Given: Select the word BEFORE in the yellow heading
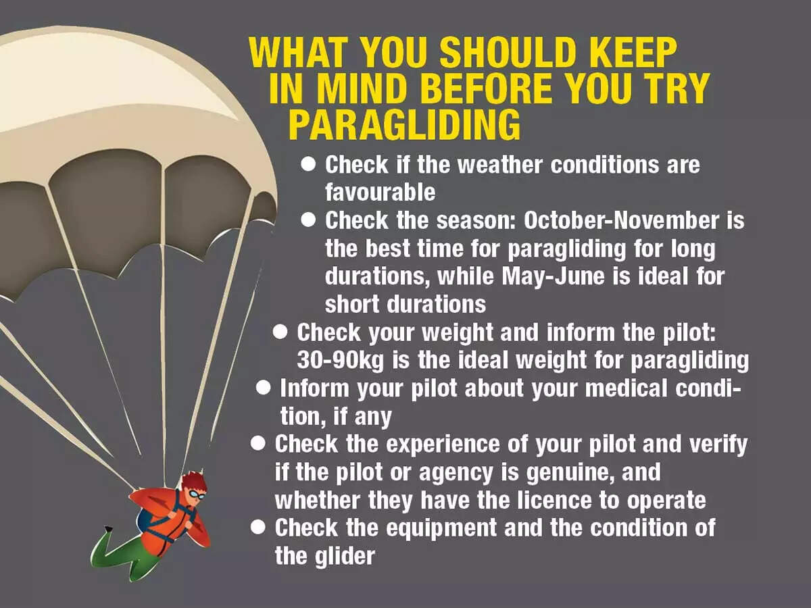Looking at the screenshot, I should [491, 89].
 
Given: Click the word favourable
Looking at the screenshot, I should [380, 193].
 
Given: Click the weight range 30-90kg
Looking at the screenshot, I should [341, 361].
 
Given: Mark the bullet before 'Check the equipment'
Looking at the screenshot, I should [257, 528].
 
